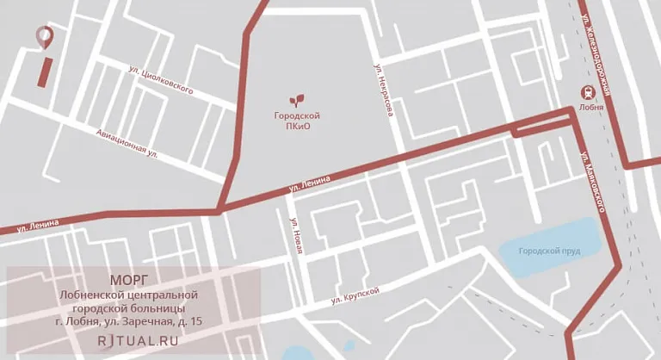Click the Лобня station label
[x=590, y=109]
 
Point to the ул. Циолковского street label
[x=160, y=79]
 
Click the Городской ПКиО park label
[x=297, y=121]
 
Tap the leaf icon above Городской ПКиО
[x=297, y=98]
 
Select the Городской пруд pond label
[x=548, y=251]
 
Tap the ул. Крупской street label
[x=355, y=295]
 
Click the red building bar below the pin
[x=44, y=71]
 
